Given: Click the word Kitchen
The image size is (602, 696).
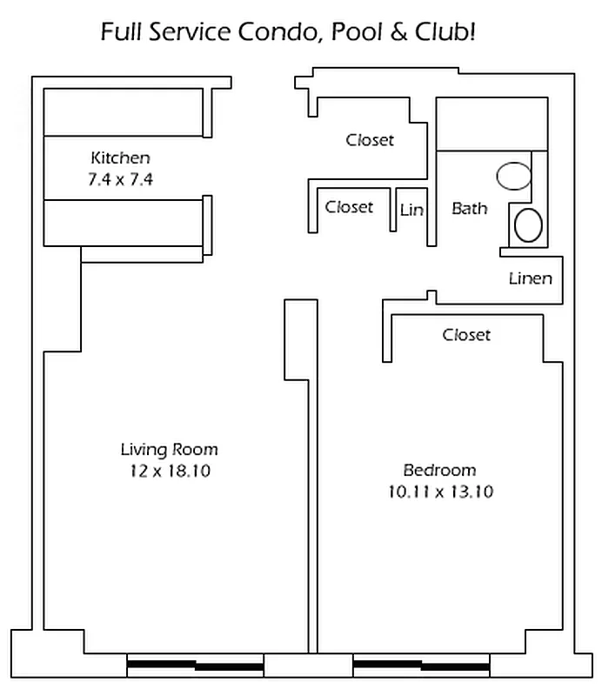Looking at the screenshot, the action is (120, 157).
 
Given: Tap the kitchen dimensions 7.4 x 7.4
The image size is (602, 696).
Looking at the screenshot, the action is (120, 179).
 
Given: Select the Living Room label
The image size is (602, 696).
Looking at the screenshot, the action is (169, 450).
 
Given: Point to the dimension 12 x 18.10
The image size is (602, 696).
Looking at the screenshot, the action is (170, 471).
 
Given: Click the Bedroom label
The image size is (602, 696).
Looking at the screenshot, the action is (439, 470).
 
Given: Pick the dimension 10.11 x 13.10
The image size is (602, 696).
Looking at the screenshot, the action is (440, 492).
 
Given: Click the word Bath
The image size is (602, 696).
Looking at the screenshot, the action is (469, 208).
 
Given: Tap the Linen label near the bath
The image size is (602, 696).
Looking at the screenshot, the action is (531, 278).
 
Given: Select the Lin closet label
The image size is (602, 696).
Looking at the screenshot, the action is (411, 210).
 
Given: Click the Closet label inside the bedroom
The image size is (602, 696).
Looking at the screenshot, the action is (466, 335).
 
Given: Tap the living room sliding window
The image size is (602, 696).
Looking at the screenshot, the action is (196, 665).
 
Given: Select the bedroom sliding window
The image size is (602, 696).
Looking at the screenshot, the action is (421, 665).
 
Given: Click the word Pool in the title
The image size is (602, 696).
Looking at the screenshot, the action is (357, 32).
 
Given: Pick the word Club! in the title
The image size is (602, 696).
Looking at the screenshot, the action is (445, 32).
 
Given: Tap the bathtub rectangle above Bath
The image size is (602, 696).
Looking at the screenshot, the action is (492, 124).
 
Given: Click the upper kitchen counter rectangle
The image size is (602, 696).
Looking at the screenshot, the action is (124, 112).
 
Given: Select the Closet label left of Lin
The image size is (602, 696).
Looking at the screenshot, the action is (349, 207).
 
